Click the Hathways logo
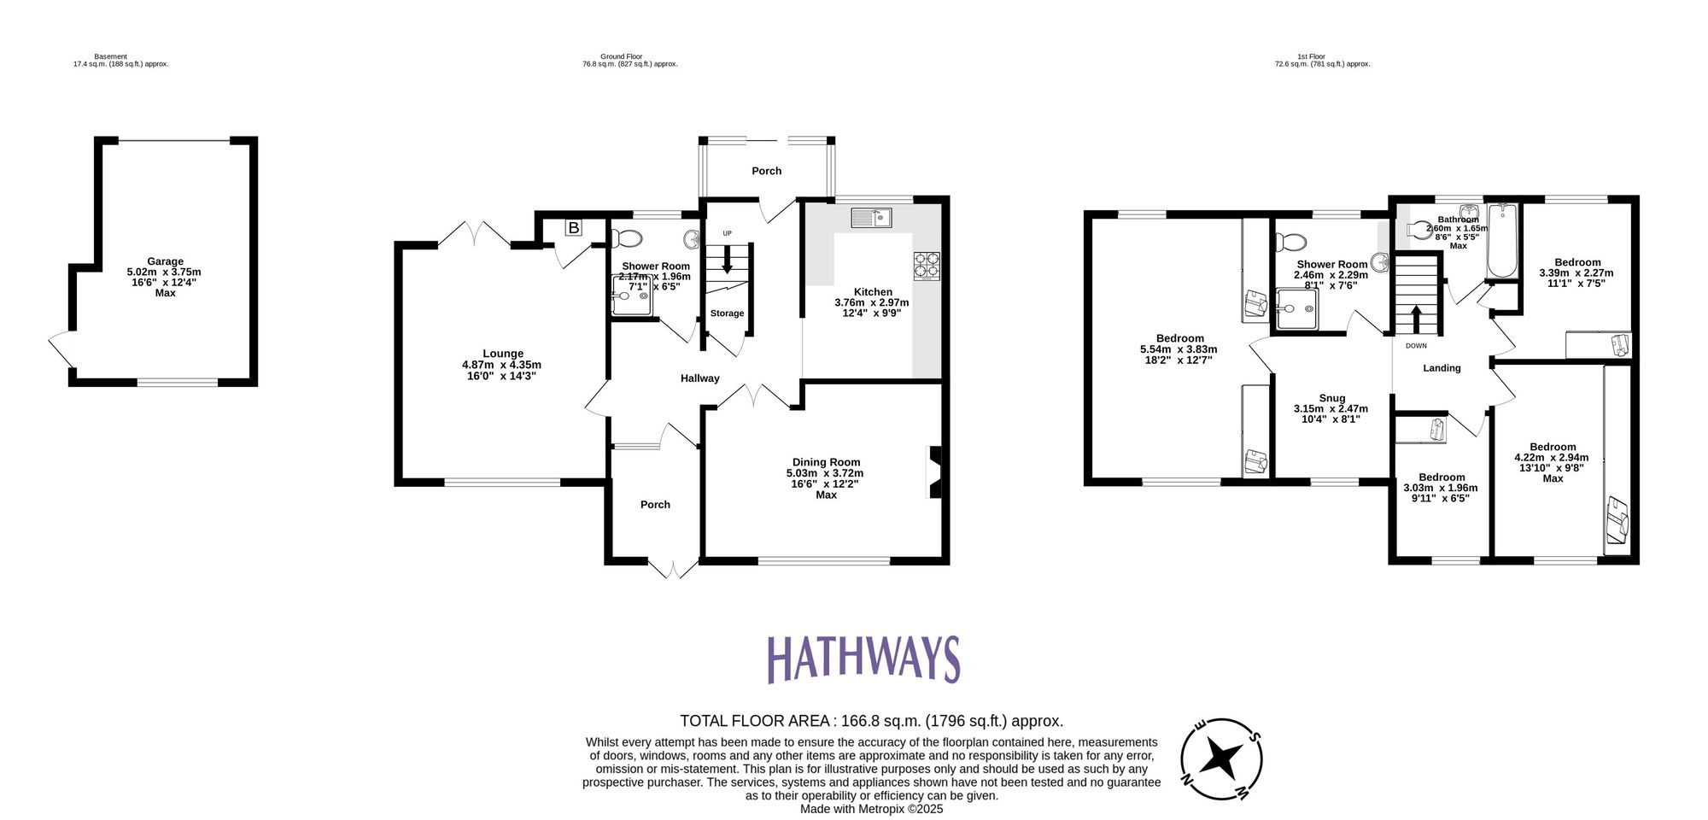(x=863, y=659)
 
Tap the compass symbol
(x=1222, y=758)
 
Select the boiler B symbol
(x=574, y=228)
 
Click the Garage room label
(x=165, y=261)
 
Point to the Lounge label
(x=502, y=354)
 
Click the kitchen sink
(x=871, y=218)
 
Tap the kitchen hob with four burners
(x=927, y=266)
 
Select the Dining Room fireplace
(x=935, y=472)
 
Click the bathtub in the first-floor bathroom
(x=1501, y=242)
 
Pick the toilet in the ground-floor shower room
(x=632, y=237)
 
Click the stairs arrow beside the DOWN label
(x=1416, y=319)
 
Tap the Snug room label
(x=1331, y=398)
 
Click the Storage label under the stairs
(x=727, y=313)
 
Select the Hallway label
(x=699, y=378)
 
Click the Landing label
(x=1442, y=368)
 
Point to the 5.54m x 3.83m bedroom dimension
(x=1179, y=349)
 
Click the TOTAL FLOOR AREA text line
(x=871, y=721)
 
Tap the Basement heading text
(x=111, y=56)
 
